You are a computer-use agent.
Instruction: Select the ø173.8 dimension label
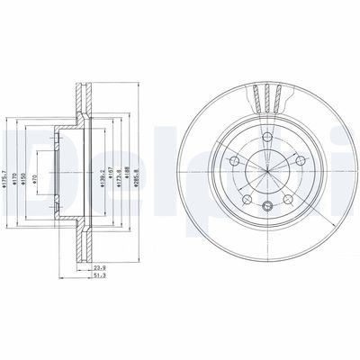pos(117,164)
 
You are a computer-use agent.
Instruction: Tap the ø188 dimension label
pos(127,164)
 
